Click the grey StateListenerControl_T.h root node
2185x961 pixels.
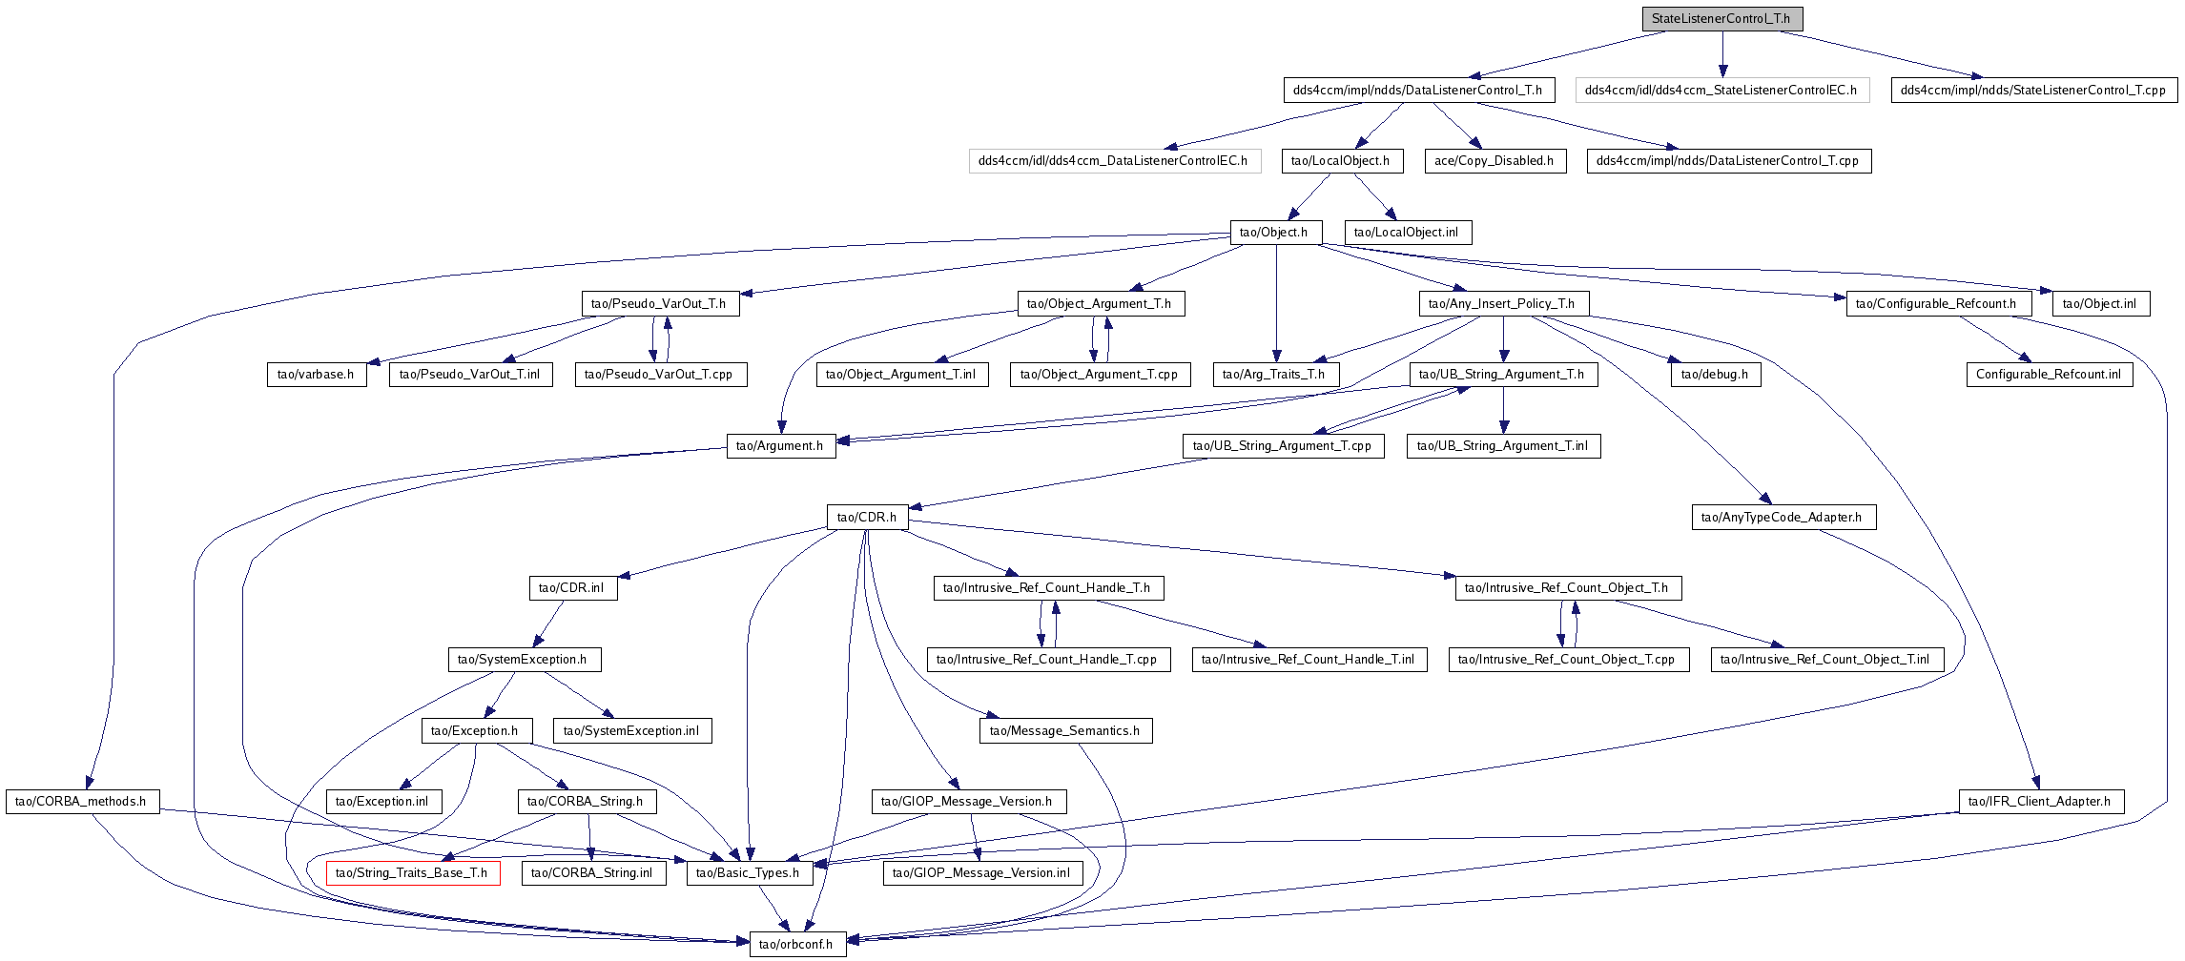[x=1721, y=18]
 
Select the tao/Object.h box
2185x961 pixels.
[x=1275, y=232]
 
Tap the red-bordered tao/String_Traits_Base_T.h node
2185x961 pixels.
[x=413, y=872]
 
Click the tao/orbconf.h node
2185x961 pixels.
[x=797, y=944]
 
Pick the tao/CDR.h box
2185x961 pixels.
[x=868, y=517]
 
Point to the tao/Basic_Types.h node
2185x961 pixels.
[x=750, y=872]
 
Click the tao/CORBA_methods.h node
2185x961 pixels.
[x=82, y=801]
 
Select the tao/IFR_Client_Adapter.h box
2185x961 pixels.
[x=2041, y=801]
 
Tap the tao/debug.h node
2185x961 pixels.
[x=1716, y=374]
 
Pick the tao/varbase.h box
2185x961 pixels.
[x=317, y=374]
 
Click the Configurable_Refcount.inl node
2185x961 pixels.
[x=2050, y=374]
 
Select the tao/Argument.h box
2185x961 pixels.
[x=781, y=445]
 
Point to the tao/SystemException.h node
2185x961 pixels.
[x=525, y=659]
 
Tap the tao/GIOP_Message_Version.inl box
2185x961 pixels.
[x=982, y=872]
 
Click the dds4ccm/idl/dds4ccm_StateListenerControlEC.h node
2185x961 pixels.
[x=1722, y=90]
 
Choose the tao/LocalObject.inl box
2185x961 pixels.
[x=1408, y=232]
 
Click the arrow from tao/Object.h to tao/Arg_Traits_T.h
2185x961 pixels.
[x=1276, y=303]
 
